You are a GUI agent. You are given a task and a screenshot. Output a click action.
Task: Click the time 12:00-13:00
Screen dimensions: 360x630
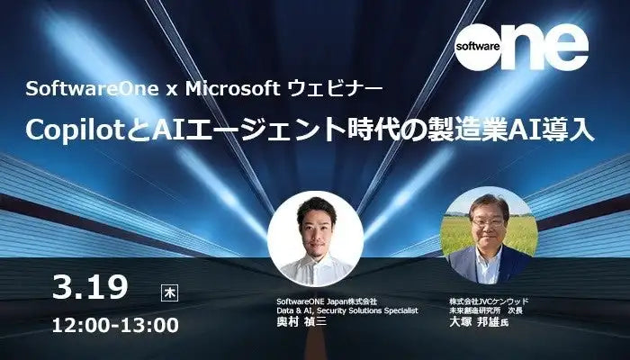115,324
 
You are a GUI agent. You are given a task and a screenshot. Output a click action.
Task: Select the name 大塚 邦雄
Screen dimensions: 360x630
474,323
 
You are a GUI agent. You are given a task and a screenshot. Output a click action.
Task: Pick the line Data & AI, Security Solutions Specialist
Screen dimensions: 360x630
347,310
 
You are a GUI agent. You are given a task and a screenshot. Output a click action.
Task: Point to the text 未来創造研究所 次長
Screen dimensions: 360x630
486,310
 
